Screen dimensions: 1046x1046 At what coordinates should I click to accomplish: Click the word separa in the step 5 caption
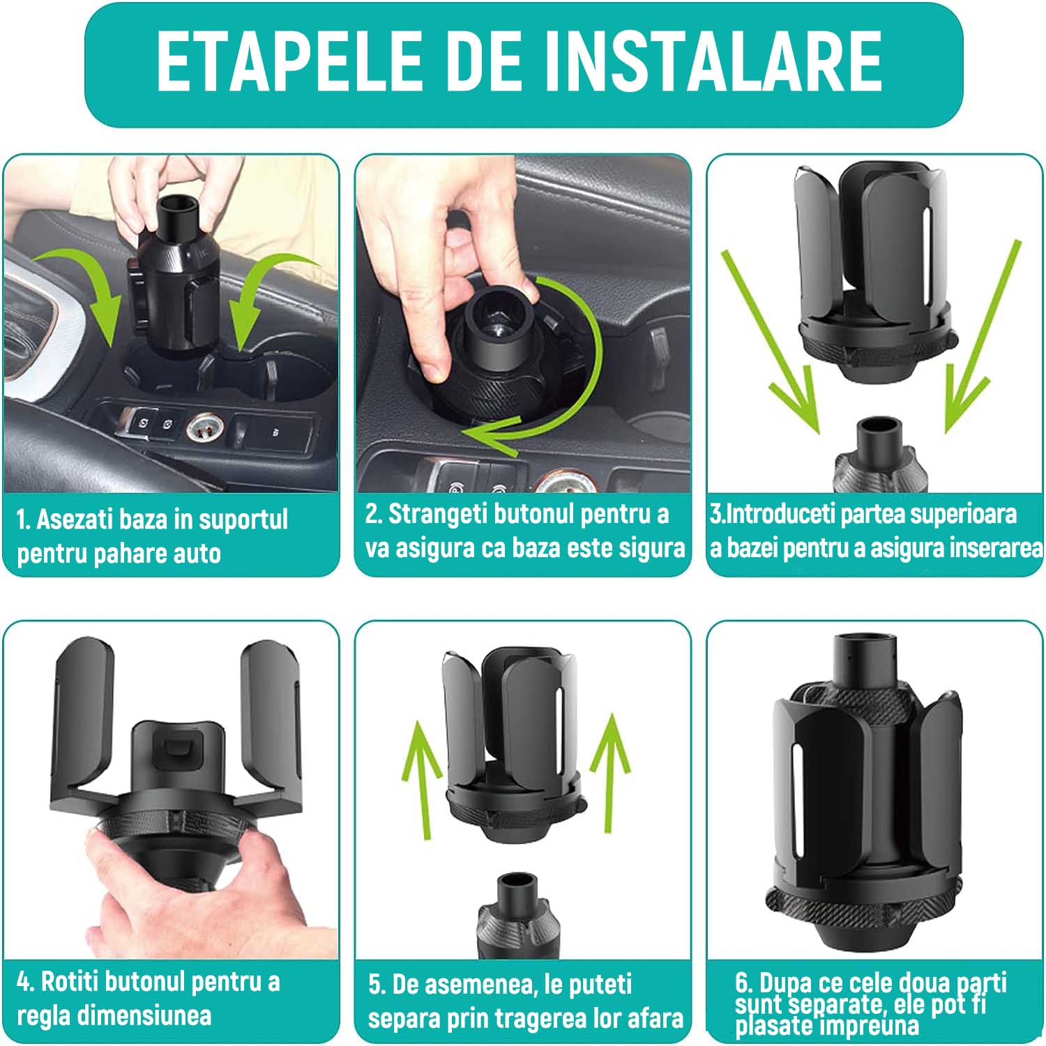[404, 1018]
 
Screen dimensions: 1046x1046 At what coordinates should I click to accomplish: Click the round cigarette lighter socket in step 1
[201, 429]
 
